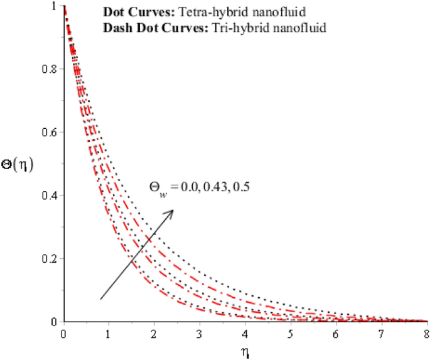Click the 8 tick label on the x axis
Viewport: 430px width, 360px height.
(426, 332)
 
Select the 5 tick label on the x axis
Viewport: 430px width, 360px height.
(290, 332)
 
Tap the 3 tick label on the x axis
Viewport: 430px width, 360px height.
(200, 332)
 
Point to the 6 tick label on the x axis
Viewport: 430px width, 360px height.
(336, 332)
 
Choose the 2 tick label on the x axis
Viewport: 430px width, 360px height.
(154, 332)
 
